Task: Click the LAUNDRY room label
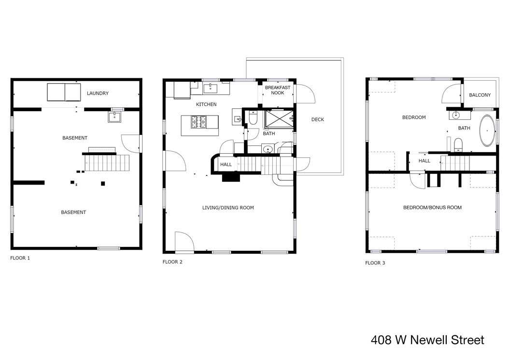point(98,93)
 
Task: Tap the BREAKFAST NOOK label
point(278,90)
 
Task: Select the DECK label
point(317,119)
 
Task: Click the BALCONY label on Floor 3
point(480,95)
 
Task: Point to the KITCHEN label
point(206,104)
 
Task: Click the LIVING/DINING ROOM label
point(228,208)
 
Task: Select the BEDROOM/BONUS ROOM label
point(432,207)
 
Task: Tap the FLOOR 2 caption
point(172,262)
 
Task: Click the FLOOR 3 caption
point(375,263)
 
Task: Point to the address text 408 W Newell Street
point(427,340)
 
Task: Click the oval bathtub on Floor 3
point(487,130)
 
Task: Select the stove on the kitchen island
point(198,121)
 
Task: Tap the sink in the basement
point(114,117)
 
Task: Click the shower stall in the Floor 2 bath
point(279,118)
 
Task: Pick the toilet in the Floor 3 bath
point(458,144)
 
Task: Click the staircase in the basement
point(107,162)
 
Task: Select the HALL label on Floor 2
point(226,164)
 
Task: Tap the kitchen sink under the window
point(211,88)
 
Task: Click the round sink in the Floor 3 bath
point(456,115)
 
